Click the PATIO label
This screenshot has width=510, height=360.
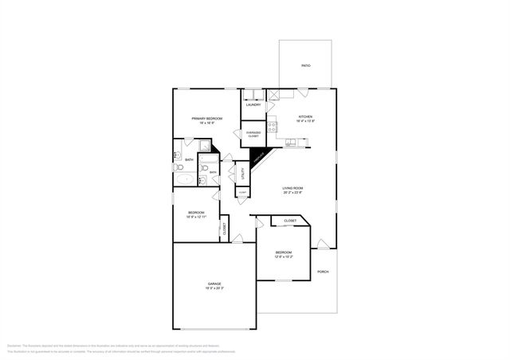(305, 65)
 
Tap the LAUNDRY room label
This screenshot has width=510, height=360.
(253, 104)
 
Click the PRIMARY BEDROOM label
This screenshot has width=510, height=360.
(206, 119)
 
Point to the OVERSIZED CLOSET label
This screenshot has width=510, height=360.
(253, 134)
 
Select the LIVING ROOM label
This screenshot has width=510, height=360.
(293, 188)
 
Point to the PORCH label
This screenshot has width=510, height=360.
(323, 272)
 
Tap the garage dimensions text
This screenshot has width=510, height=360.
(214, 288)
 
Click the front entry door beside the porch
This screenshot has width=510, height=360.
(320, 244)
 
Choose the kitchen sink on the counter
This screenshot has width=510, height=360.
(292, 143)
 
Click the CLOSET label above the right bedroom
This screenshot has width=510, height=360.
(290, 221)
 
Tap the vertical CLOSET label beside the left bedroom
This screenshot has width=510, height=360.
(224, 229)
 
